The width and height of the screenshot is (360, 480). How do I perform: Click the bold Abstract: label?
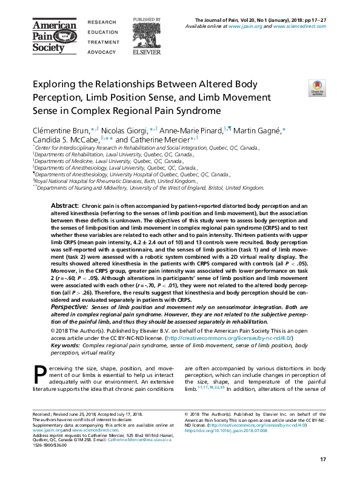[65, 207]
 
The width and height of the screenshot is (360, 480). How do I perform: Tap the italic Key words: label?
[68, 345]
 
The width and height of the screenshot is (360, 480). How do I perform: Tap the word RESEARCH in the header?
[101, 22]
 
